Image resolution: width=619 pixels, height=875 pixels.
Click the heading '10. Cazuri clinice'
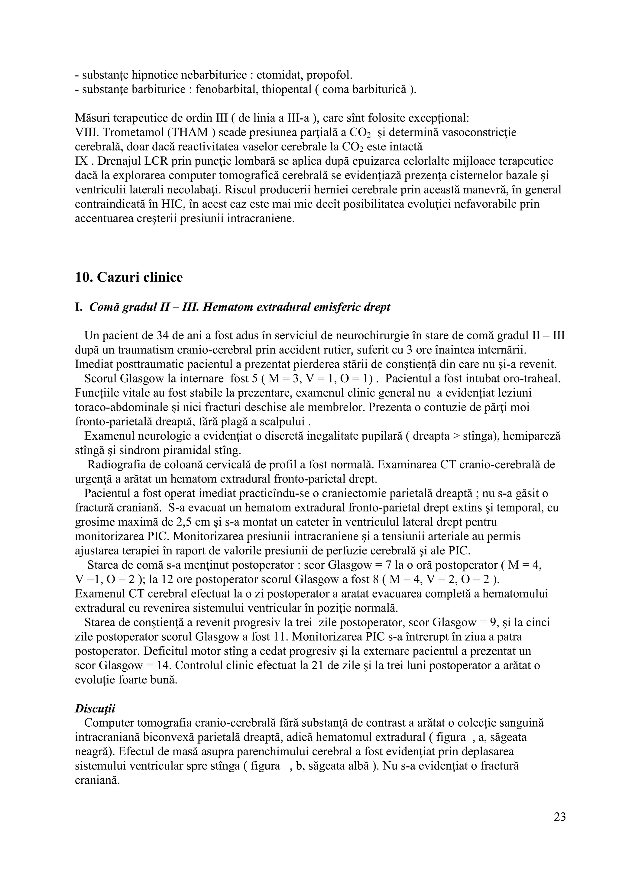(129, 277)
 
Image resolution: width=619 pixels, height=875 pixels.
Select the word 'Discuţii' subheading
(95, 709)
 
